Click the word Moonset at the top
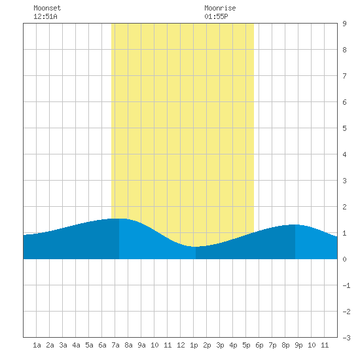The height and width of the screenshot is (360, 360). pyautogui.click(x=47, y=8)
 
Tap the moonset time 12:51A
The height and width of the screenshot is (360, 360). pyautogui.click(x=45, y=16)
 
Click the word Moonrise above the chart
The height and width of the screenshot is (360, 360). pyautogui.click(x=220, y=8)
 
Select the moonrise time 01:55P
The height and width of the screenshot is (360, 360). pyautogui.click(x=216, y=16)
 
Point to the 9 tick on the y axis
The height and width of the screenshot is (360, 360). pyautogui.click(x=344, y=24)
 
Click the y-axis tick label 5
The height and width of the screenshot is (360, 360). pyautogui.click(x=344, y=128)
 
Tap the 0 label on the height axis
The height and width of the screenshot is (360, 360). pyautogui.click(x=344, y=259)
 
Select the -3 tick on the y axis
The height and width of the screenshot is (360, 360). pyautogui.click(x=346, y=338)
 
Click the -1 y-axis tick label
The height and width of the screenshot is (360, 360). pyautogui.click(x=346, y=285)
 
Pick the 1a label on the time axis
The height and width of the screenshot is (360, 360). pyautogui.click(x=37, y=345)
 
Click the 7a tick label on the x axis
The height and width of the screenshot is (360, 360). pyautogui.click(x=115, y=345)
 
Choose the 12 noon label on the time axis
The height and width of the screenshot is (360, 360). pyautogui.click(x=181, y=345)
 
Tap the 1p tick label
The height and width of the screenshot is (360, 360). pyautogui.click(x=194, y=345)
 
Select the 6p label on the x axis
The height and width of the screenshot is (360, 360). pyautogui.click(x=259, y=345)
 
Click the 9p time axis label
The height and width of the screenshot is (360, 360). pyautogui.click(x=298, y=345)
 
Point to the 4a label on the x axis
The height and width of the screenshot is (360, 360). pyautogui.click(x=76, y=345)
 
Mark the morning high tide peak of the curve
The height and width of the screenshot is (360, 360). pyautogui.click(x=119, y=219)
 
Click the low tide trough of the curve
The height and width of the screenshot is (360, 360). pyautogui.click(x=196, y=247)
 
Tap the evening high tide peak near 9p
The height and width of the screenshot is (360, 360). pyautogui.click(x=295, y=225)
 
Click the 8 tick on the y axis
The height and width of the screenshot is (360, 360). pyautogui.click(x=344, y=50)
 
